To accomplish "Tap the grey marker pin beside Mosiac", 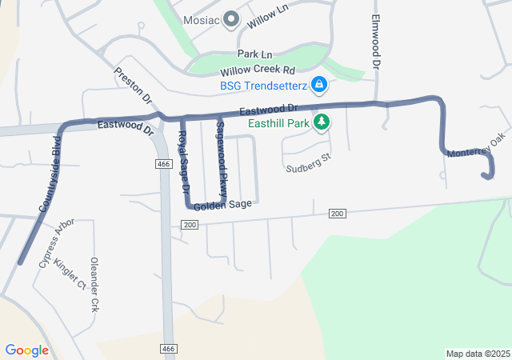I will click(232, 18).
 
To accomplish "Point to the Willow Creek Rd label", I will click(258, 70).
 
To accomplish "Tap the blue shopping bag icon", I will click(319, 84).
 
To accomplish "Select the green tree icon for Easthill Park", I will click(321, 122).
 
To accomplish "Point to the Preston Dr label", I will click(133, 86).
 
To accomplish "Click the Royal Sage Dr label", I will click(183, 162).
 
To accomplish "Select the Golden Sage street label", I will click(222, 205).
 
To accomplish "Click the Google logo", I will click(26, 350).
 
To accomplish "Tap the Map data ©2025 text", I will click(478, 354).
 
